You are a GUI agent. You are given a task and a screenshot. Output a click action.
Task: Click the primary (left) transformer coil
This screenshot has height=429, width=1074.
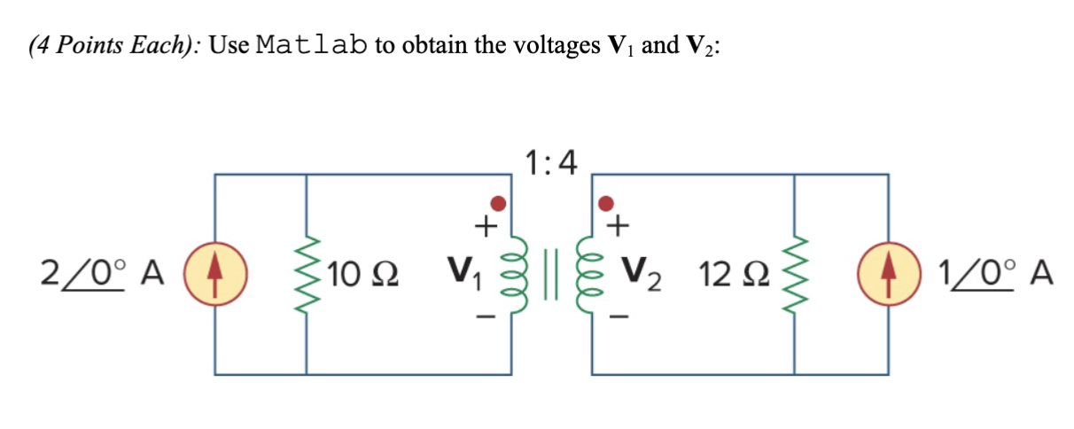[x=510, y=276]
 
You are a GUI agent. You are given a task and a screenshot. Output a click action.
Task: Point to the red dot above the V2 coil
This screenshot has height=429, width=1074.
[x=606, y=204]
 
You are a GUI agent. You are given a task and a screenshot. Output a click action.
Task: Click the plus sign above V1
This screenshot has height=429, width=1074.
[x=483, y=228]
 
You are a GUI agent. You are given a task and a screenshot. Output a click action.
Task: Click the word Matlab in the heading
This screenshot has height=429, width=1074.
[x=310, y=46]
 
